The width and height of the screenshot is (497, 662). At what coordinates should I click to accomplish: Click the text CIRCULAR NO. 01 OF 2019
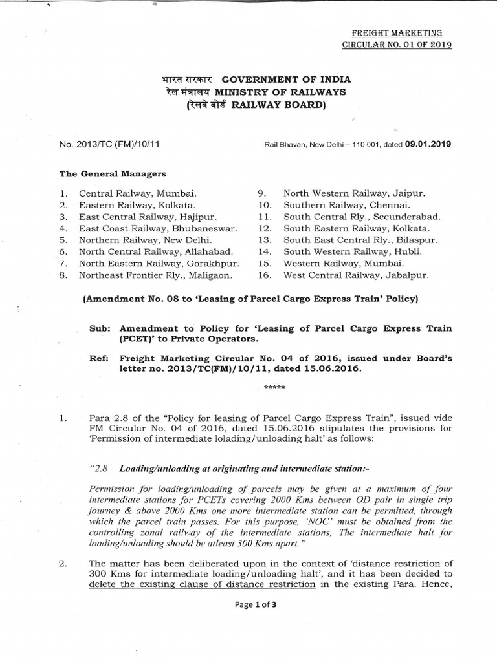397,45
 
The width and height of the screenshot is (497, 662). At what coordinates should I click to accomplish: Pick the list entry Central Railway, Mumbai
138,193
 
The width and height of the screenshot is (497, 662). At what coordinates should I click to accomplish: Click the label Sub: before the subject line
103,328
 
